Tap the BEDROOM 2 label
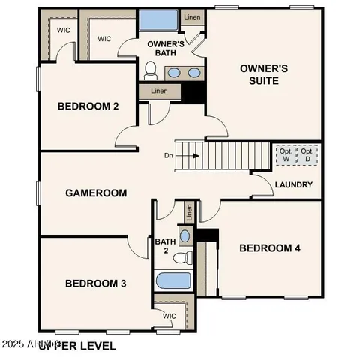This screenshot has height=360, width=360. (88, 106)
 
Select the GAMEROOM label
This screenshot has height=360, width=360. (95, 193)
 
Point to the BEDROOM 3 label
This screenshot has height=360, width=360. (95, 283)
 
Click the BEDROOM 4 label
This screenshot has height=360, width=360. (269, 248)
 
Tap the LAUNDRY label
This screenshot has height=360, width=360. (293, 185)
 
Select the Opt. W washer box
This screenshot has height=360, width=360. (286, 155)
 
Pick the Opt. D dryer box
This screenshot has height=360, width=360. (307, 155)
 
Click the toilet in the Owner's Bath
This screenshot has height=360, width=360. (150, 70)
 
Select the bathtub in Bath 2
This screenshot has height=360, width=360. (174, 281)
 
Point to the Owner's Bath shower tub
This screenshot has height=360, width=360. (157, 19)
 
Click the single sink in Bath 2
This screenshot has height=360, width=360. (185, 235)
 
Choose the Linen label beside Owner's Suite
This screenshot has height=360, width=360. (193, 16)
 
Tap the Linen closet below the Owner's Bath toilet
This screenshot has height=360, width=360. (159, 91)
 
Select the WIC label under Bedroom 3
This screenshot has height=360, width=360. (170, 316)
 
